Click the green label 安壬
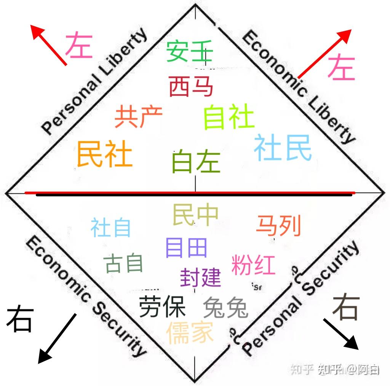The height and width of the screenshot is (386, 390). click(190, 51)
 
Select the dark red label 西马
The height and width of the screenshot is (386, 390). click(191, 86)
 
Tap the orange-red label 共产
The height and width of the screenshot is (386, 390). click(138, 117)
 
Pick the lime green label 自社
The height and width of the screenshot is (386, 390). click(229, 117)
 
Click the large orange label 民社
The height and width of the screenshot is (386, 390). click(104, 154)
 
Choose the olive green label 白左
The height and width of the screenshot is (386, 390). click(196, 161)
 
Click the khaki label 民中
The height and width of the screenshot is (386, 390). click(195, 214)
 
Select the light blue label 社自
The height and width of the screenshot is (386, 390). click(111, 227)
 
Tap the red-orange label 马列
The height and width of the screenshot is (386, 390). click(279, 225)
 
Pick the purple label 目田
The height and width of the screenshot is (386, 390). click(186, 248)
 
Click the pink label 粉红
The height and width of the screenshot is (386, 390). click(253, 264)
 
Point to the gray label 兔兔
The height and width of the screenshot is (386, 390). click(225, 307)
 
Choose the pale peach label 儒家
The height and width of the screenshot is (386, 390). click(189, 332)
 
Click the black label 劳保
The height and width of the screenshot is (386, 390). click(162, 306)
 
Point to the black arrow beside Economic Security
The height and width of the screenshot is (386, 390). click(57, 338)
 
